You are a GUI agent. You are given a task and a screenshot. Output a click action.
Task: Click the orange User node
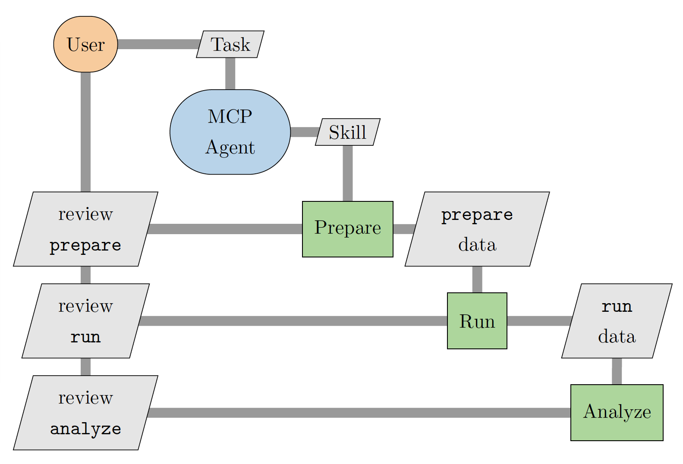point(85,44)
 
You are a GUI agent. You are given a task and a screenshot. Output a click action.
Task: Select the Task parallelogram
point(230,44)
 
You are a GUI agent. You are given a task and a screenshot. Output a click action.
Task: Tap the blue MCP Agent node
point(230,132)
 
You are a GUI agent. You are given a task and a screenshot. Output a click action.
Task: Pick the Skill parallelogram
point(348,132)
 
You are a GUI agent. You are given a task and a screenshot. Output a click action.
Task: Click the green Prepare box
point(348,229)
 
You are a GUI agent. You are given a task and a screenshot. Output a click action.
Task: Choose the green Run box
point(477,321)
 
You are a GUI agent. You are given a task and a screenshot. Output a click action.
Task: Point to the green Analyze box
point(617,413)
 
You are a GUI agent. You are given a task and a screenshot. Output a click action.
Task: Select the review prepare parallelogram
point(85,229)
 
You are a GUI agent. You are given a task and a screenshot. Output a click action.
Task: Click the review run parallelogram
point(85,321)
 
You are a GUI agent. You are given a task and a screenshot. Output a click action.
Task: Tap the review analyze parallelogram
point(85,413)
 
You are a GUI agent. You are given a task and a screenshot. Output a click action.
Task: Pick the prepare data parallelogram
point(477,229)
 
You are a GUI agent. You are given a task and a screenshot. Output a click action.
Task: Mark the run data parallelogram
point(617,321)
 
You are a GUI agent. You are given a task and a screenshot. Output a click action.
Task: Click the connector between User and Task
point(158,44)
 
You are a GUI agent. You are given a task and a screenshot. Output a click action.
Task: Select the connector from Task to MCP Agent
point(230,73)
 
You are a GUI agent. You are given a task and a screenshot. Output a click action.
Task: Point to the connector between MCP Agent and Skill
point(304,132)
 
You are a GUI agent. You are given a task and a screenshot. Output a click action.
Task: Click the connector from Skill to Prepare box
point(348,173)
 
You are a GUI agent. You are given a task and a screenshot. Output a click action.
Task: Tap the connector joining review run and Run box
point(293,321)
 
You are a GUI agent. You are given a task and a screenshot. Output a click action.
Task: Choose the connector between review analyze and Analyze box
point(359,413)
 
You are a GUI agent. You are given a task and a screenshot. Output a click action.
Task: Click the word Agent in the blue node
point(230,148)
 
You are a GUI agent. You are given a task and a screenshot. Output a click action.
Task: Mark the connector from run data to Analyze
point(617,371)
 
